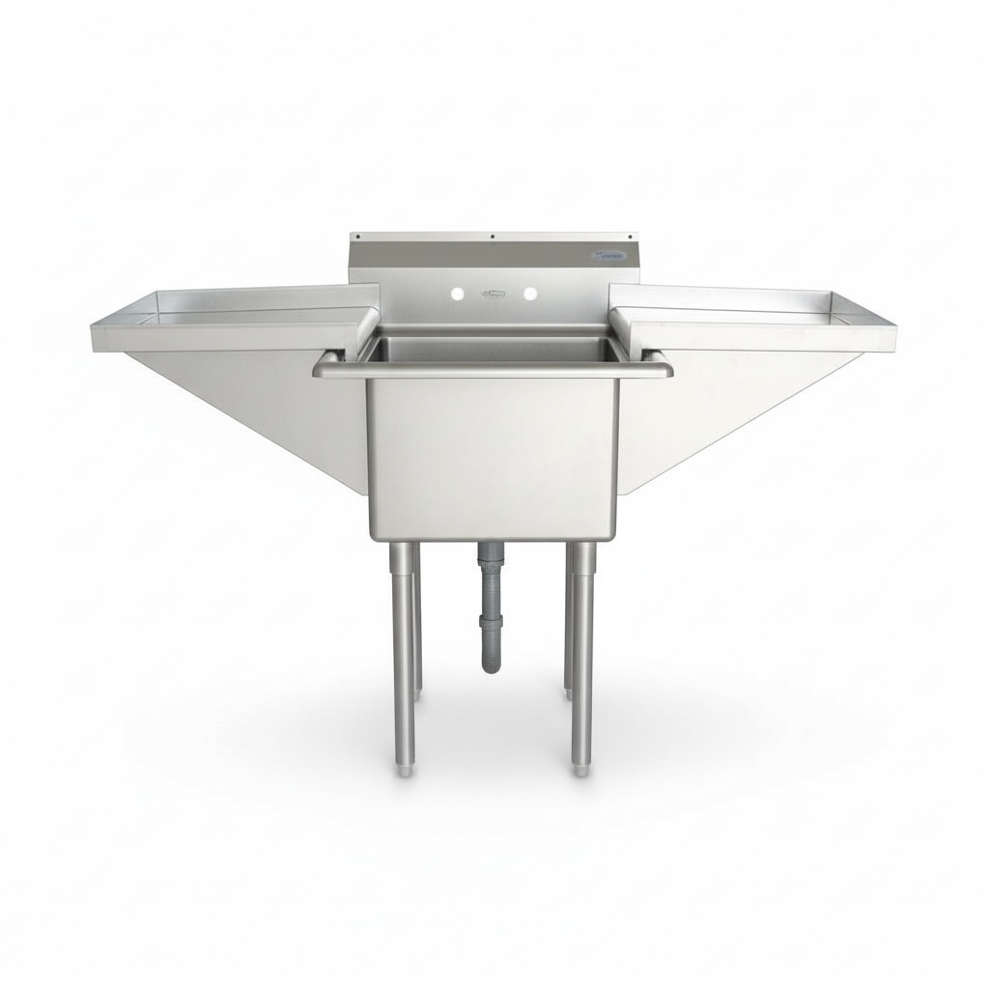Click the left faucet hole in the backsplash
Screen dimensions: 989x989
point(460,292)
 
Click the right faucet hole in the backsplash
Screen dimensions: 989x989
point(530,292)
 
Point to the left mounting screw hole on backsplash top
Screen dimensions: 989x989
point(356,236)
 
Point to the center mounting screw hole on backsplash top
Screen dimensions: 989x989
point(494,236)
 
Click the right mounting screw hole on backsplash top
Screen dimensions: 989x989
point(630,236)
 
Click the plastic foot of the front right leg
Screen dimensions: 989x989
point(579,771)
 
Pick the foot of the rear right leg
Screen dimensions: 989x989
point(569,693)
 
